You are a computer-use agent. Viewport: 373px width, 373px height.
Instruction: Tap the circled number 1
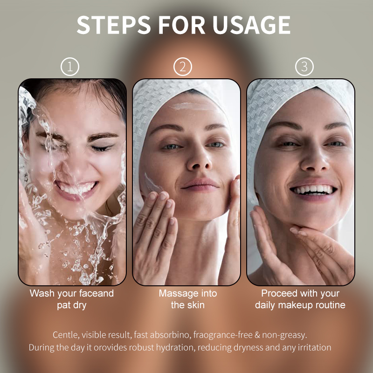[x=70, y=67]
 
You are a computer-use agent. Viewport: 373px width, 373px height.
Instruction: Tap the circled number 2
[x=183, y=67]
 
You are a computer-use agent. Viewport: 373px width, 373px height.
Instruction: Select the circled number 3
[x=304, y=67]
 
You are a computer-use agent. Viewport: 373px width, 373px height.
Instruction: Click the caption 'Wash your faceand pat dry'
[x=71, y=299]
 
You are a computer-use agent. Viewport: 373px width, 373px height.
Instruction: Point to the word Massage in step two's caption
[x=178, y=294]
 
